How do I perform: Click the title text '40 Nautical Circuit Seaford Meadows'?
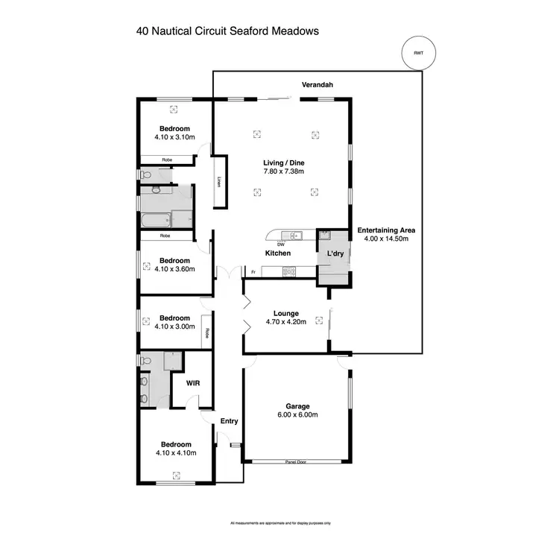(x=228, y=31)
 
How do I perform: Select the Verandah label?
(x=317, y=86)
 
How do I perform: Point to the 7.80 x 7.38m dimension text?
(x=283, y=171)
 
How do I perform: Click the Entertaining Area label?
(x=386, y=230)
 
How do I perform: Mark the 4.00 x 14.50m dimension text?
(x=386, y=239)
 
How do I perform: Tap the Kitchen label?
(x=278, y=253)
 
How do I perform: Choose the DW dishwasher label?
(x=281, y=244)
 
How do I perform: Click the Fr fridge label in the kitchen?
(x=253, y=272)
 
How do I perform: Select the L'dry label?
(x=335, y=254)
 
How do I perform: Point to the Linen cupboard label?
(x=219, y=181)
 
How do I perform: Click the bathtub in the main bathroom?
(x=155, y=220)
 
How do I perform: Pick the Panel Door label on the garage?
(x=296, y=462)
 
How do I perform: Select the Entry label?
(x=229, y=421)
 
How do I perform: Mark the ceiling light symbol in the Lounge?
(x=319, y=320)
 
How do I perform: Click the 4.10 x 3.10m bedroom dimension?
(x=174, y=137)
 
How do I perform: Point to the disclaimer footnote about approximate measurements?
(x=280, y=523)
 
